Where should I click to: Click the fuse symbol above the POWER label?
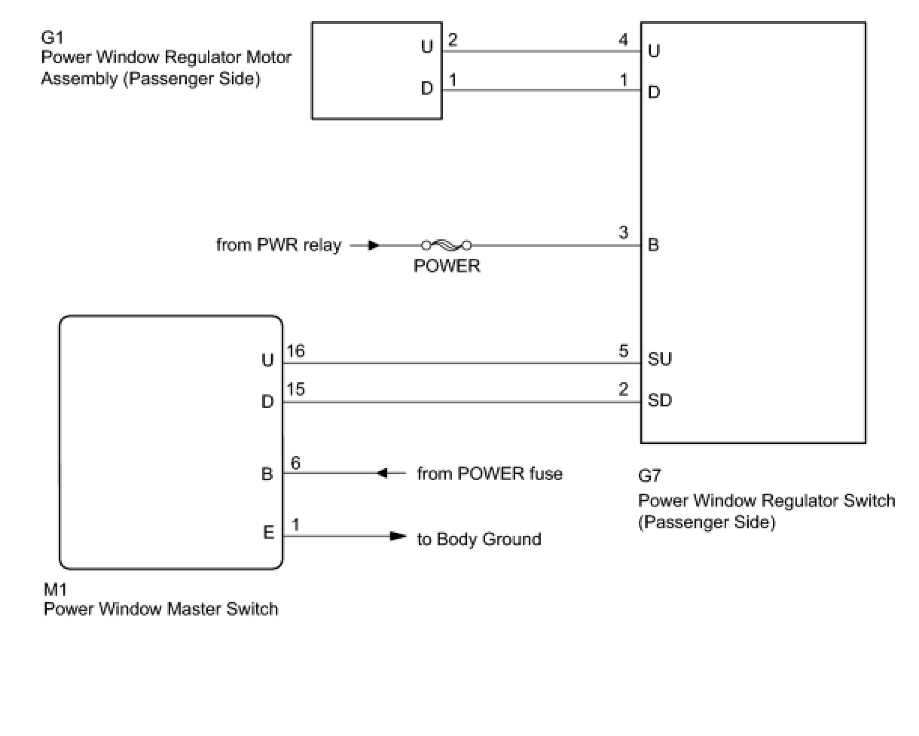click(x=447, y=245)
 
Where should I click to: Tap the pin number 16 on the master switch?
click(x=295, y=350)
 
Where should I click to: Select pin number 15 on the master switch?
click(x=295, y=390)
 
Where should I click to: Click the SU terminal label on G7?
click(x=660, y=360)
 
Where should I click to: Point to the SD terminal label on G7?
click(x=660, y=400)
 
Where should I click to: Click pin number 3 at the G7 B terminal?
click(x=624, y=233)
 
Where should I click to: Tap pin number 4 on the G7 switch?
click(x=624, y=40)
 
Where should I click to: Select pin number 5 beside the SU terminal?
click(x=624, y=350)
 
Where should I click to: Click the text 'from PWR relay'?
click(x=279, y=245)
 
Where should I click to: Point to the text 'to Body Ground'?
click(x=479, y=539)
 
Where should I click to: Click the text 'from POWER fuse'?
click(x=490, y=473)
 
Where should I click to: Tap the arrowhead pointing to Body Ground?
click(x=397, y=537)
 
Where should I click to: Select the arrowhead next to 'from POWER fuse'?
click(x=382, y=473)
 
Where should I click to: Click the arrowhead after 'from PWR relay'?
click(x=373, y=245)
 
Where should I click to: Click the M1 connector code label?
click(x=55, y=588)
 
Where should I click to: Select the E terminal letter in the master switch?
click(x=268, y=533)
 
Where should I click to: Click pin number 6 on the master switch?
click(x=295, y=463)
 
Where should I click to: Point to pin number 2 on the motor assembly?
click(x=453, y=40)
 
